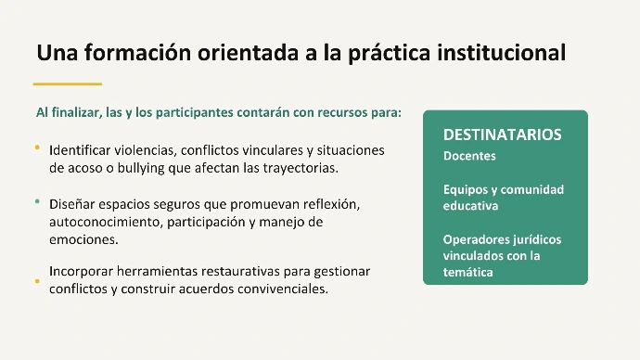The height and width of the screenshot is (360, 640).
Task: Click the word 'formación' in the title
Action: point(137,53)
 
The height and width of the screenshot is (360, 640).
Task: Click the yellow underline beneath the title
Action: point(68,84)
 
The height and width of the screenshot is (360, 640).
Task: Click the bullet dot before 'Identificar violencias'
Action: point(37,148)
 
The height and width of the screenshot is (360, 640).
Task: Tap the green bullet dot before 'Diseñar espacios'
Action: point(37,201)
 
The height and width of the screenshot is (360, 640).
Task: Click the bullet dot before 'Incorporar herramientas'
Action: point(37,281)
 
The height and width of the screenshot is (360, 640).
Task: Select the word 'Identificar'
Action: point(80,150)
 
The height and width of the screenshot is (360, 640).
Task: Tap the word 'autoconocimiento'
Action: point(106,222)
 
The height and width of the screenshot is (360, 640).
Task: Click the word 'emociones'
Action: point(83,239)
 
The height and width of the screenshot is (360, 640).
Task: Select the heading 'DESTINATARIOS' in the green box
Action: point(503,135)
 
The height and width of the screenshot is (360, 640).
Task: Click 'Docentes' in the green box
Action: point(469,156)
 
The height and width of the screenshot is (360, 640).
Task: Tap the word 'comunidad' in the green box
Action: point(532,189)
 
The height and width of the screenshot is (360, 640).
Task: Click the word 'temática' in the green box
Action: point(468,272)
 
